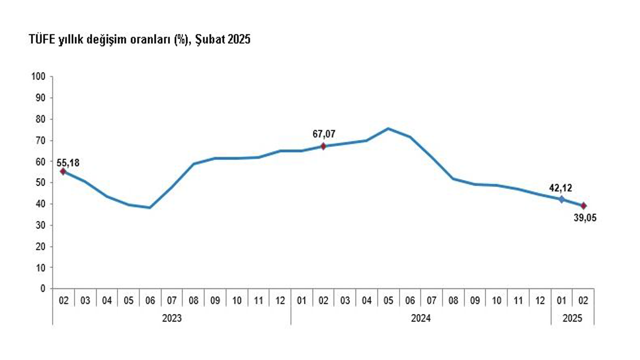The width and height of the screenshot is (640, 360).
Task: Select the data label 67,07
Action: (323, 134)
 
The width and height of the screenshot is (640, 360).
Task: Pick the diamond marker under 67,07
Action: (323, 146)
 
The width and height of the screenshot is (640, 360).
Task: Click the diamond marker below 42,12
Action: (561, 199)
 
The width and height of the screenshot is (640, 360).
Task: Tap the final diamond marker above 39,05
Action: (583, 205)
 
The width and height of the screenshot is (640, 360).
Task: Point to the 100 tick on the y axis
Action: (39, 77)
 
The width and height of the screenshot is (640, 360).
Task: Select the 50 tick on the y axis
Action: (40, 183)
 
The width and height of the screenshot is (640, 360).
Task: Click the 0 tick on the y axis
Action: (43, 289)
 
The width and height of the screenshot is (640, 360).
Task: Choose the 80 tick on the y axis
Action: (40, 119)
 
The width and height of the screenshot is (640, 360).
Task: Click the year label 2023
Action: (172, 318)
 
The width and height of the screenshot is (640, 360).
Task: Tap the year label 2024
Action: (421, 318)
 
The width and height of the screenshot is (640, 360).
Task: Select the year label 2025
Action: (572, 318)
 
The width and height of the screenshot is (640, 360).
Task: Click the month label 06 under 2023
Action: (150, 301)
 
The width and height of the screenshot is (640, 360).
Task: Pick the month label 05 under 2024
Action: (388, 301)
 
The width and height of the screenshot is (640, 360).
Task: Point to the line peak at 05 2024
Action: (388, 128)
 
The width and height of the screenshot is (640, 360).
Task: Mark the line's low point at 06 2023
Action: (150, 207)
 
